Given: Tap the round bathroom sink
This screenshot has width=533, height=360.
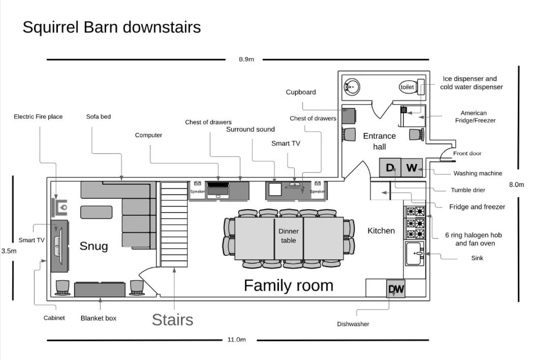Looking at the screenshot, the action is coord(352,87).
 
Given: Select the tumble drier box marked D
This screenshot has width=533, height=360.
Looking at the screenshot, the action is coord(390,168).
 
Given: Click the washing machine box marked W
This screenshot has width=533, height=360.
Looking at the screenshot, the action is coord(412,168).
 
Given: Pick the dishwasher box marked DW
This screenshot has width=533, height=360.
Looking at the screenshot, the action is coord(396,289).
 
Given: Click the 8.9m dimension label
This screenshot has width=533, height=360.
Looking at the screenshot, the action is coord(246,59).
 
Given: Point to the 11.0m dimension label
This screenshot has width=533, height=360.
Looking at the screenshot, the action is coord(237,340).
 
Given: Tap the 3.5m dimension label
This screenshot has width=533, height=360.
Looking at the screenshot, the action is coord(9,251).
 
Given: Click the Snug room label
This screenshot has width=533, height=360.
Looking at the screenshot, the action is coord(93,246).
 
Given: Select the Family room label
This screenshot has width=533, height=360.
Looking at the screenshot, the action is coord(289,286).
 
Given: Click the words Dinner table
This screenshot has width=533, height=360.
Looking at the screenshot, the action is coord(289,236).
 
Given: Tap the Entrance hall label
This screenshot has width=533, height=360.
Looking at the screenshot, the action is coord(380,141).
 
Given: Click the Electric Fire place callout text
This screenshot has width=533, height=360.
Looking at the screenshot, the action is coord(38,116).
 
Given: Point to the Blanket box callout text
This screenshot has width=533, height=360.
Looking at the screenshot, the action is coord(99,318).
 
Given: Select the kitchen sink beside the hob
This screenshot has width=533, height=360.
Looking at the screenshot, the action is coord(415,254).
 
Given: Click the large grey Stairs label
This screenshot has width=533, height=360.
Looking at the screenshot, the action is coord(173,319).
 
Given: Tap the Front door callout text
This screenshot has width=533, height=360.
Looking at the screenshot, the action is coord(467,153).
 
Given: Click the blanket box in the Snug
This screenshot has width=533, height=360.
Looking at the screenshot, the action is coord(100,289).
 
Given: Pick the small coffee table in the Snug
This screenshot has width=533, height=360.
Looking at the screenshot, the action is coord(96,212).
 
